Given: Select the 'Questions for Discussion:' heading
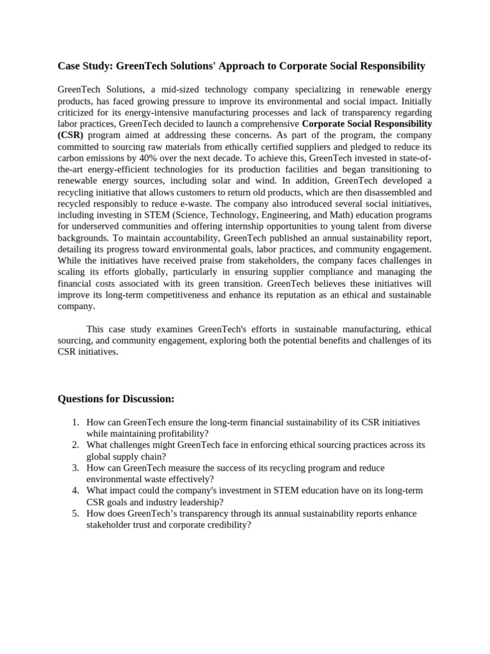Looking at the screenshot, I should point(115,399).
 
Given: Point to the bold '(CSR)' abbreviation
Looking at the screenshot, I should point(70,135).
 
